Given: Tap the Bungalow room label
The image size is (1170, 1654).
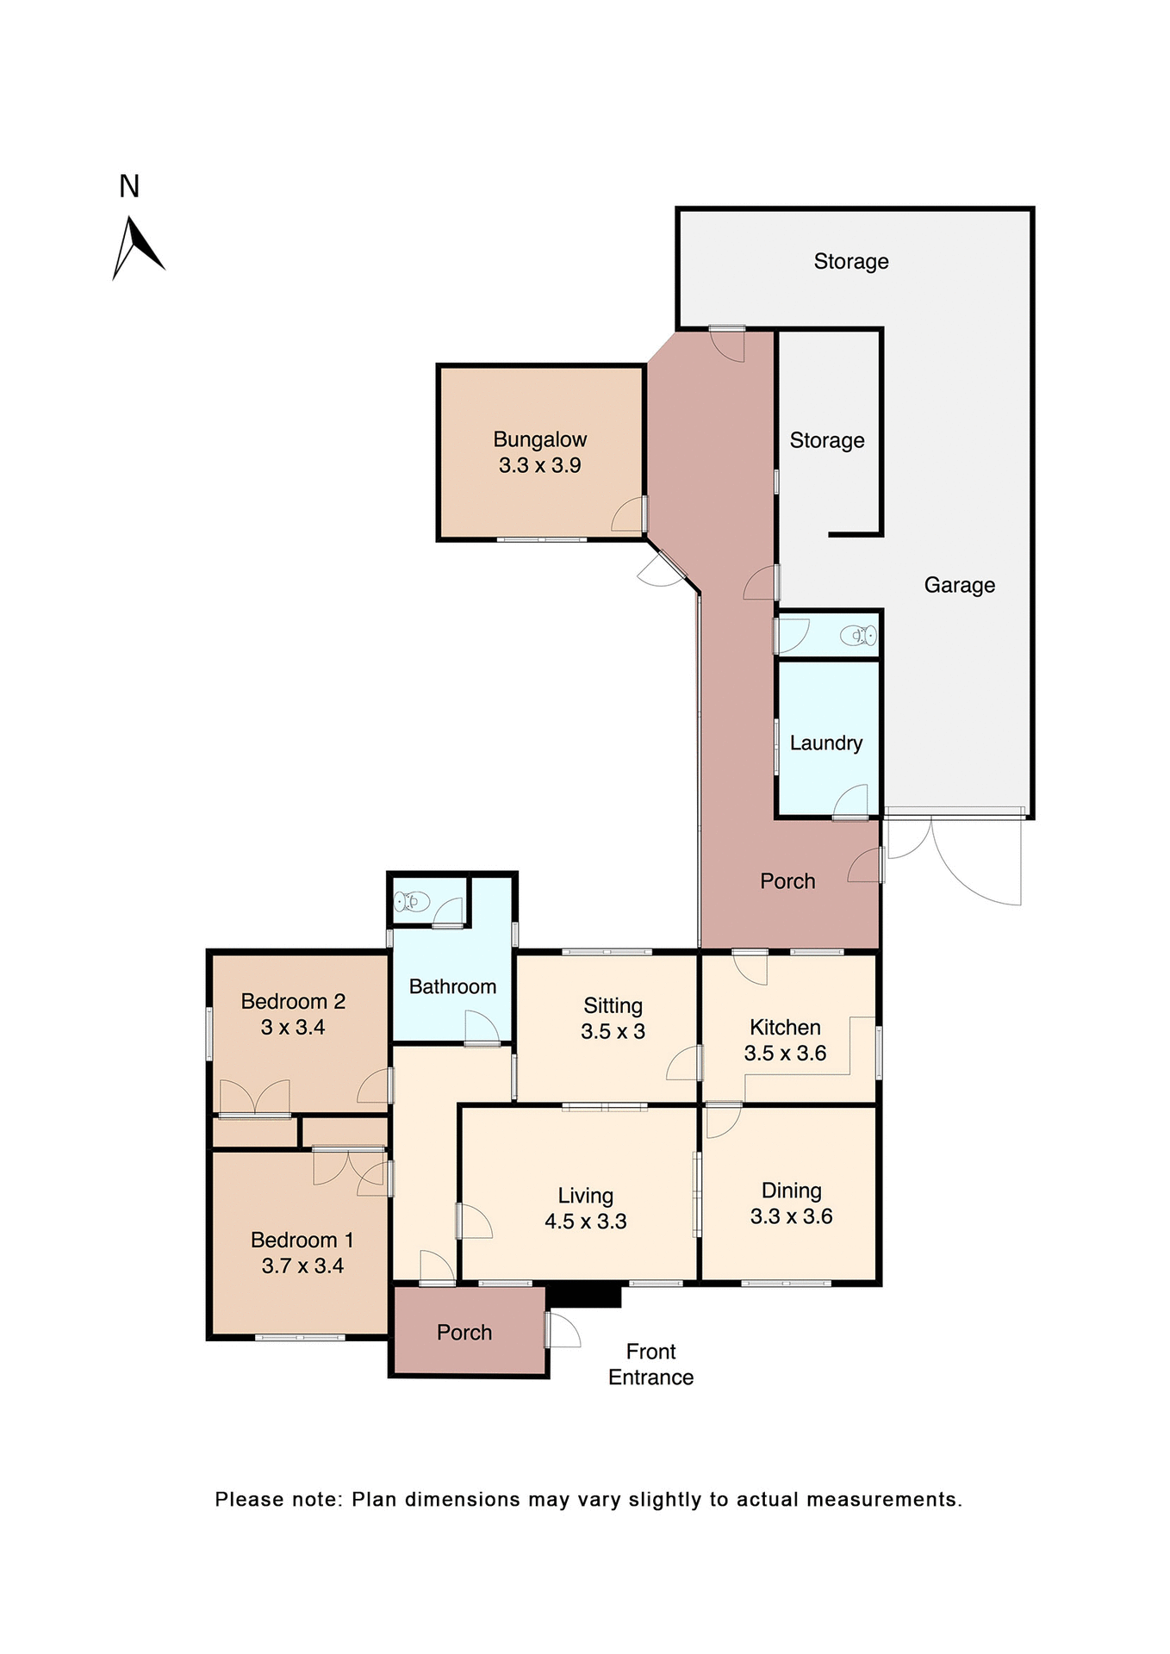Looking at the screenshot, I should [539, 439].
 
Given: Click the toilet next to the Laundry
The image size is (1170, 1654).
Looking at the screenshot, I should [859, 636].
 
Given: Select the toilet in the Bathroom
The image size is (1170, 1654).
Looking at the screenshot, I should [411, 901].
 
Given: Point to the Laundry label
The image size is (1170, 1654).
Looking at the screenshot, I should [825, 743].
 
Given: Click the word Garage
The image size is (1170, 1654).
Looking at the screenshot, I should [959, 585].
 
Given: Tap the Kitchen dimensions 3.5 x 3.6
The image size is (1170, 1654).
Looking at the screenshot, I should [785, 1053].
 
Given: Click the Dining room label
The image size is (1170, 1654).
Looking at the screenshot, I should [791, 1191].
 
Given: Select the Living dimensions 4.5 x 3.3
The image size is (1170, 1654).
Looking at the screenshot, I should [585, 1221].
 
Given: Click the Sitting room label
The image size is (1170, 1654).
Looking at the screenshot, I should [613, 1005].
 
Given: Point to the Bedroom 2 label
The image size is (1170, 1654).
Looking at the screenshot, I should [293, 1001].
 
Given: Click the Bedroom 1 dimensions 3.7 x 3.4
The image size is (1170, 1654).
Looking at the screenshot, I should [302, 1265].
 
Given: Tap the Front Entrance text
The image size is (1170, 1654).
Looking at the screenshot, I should [650, 1364].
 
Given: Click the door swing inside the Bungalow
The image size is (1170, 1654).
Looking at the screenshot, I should [628, 514].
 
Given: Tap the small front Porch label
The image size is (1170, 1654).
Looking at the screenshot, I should [464, 1332].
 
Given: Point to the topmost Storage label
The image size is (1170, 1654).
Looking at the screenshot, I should [850, 261].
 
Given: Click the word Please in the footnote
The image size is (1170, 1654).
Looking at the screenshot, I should [248, 1499].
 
